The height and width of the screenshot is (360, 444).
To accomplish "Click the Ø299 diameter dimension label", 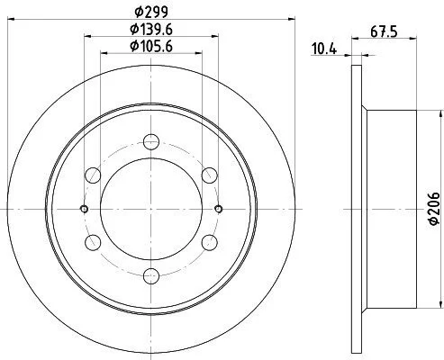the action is [151, 12].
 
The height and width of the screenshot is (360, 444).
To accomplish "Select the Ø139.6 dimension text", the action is [151, 29].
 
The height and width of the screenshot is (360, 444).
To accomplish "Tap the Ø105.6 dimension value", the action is [151, 46].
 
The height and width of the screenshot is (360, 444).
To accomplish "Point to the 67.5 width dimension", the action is [384, 31].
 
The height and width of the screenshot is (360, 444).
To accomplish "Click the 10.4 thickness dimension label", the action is [324, 49].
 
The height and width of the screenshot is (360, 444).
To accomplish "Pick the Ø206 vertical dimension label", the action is [434, 208].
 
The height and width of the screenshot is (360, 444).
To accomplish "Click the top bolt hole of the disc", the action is [151, 141].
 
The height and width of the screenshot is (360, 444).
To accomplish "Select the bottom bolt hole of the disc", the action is [151, 276].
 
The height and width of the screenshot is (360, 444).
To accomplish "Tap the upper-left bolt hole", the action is [93, 175].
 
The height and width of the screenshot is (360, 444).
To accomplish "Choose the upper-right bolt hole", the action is [209, 175].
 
